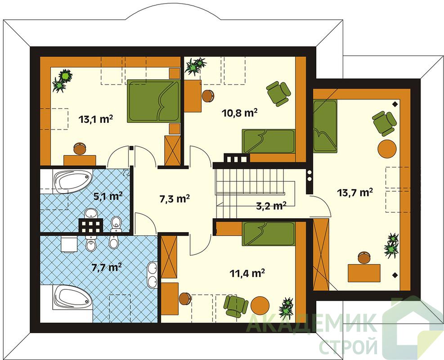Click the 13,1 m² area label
96,119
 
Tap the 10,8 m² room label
240,113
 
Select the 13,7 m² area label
355,193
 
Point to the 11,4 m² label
247,273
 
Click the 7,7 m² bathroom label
107,267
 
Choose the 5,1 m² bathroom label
108,196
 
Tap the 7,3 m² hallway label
175,199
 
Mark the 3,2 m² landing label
271,206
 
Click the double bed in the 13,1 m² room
153,101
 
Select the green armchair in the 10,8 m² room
278,94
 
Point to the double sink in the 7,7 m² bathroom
152,275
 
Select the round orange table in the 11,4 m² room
260,306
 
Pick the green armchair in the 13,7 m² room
384,123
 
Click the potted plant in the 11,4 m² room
287,308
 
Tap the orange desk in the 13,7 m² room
364,273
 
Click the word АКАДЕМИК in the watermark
311,323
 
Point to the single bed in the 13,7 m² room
325,126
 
